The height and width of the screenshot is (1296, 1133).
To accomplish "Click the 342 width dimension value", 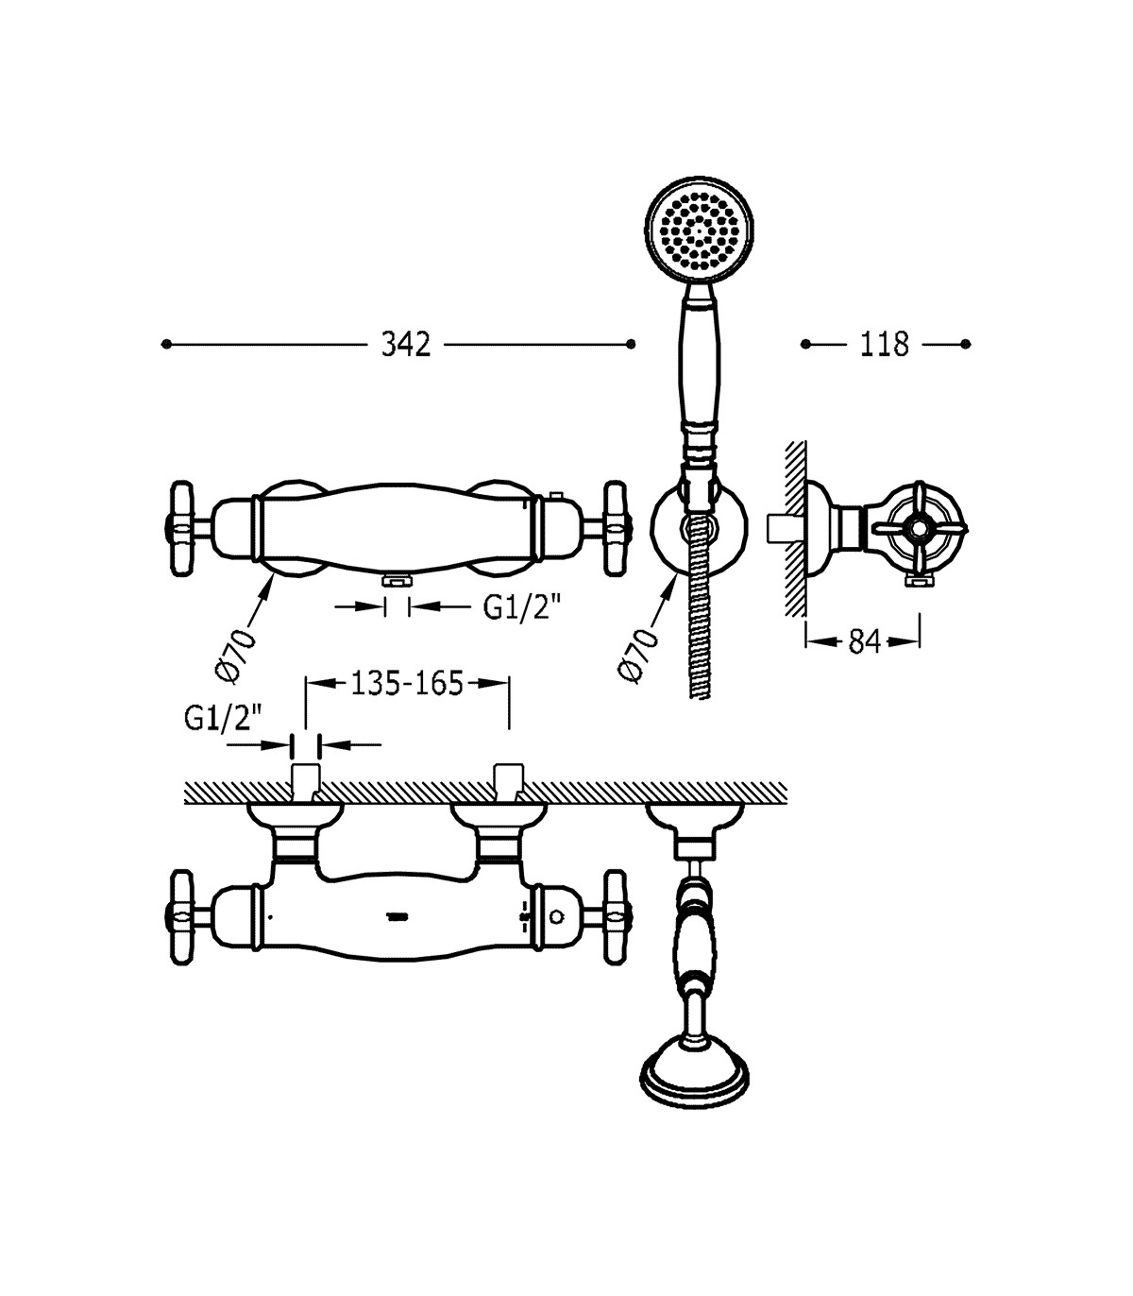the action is tap(406, 345).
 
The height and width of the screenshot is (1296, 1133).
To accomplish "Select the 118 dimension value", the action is tap(884, 345).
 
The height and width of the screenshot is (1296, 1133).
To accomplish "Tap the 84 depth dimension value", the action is tap(865, 642).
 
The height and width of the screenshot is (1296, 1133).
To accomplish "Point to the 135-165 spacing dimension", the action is tap(407, 684).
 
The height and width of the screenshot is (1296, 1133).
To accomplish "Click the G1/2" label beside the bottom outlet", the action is tap(522, 608).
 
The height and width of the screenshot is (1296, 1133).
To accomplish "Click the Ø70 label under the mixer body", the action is tap(236, 656).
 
